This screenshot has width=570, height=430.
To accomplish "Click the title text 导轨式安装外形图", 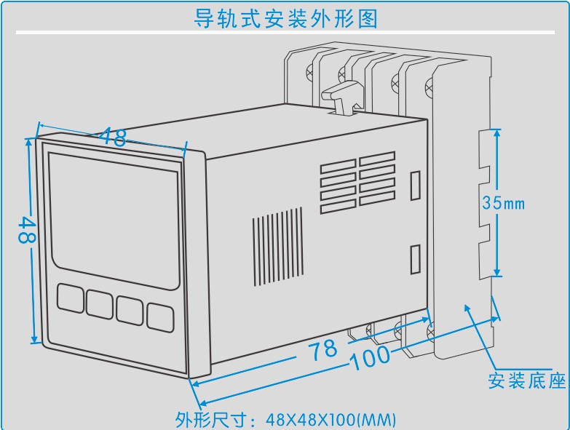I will pos(285,17).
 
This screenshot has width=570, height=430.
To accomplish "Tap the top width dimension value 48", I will pos(114,137).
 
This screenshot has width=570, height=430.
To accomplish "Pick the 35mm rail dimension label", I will pos(503,204).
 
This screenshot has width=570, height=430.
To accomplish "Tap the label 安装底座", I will pos(526,381).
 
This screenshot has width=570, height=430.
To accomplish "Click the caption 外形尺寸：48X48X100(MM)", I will pos(285,419).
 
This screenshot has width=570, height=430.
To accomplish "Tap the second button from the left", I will pos(100,303).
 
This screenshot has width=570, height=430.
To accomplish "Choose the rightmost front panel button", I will pos(159,316).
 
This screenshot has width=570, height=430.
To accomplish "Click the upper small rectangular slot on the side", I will pos(415,185).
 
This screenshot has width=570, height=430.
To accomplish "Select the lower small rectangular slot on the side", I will pos(415,258).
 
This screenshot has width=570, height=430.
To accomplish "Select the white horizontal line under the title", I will pos(285,33).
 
